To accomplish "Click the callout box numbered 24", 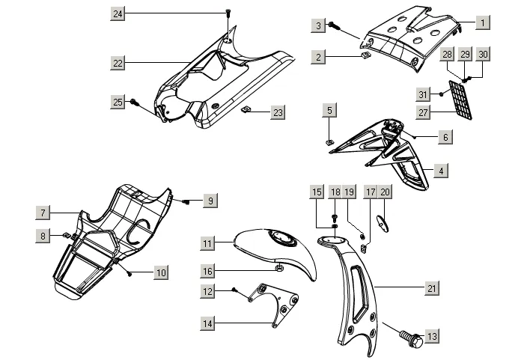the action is pyautogui.click(x=118, y=13).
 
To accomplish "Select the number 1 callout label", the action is pyautogui.click(x=483, y=22).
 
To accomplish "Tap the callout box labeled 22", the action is pyautogui.click(x=118, y=63).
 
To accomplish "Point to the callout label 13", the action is pyautogui.click(x=432, y=336).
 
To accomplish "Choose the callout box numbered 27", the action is pyautogui.click(x=423, y=112).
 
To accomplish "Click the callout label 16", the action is pyautogui.click(x=207, y=271).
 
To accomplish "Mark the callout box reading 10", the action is pyautogui.click(x=161, y=272).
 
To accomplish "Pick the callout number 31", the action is pyautogui.click(x=423, y=94).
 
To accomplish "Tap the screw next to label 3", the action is pyautogui.click(x=333, y=25).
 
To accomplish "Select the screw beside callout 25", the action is pyautogui.click(x=135, y=102).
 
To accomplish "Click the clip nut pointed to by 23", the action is pyautogui.click(x=246, y=109).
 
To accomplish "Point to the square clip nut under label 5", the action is pyautogui.click(x=330, y=142).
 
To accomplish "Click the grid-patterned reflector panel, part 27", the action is pyautogui.click(x=460, y=100).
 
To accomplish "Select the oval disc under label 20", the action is pyautogui.click(x=383, y=223).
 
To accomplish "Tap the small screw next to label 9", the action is pyautogui.click(x=186, y=201).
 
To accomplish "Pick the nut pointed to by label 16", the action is pyautogui.click(x=279, y=268).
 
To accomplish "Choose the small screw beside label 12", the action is pyautogui.click(x=234, y=290).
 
